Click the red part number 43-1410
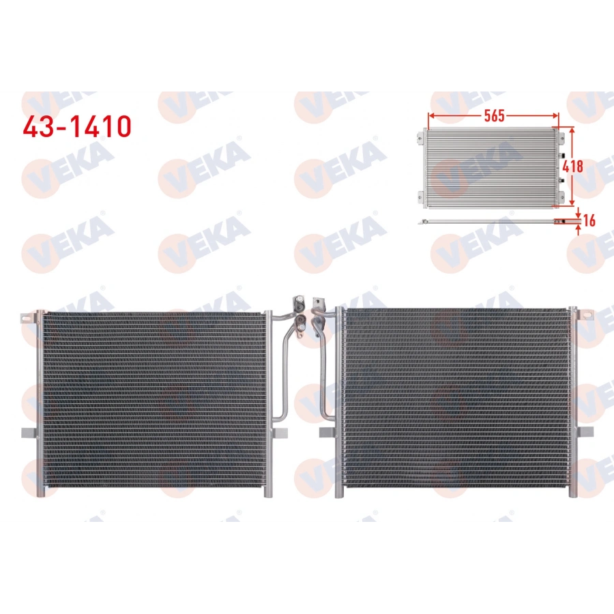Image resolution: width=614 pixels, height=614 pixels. pos(76,126)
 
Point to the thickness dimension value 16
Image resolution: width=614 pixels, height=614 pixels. pos(590,220)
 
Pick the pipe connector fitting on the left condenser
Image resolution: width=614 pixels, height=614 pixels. pos(298,306)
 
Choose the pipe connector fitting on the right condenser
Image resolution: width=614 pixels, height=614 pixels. pos(317,306)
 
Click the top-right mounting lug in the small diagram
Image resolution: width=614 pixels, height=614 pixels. pos(563,139)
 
